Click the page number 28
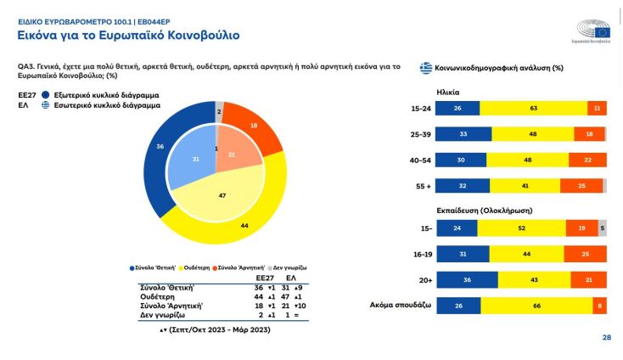tap(606, 337)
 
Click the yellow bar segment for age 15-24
tap(533, 108)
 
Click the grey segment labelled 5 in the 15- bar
tap(602, 228)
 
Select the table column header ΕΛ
tap(290, 277)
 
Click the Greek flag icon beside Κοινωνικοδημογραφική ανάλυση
tap(426, 67)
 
